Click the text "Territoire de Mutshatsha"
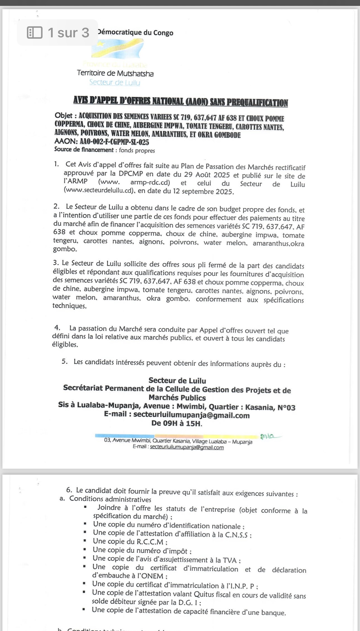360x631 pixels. [x=115, y=74]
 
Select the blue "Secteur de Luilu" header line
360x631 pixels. [x=115, y=82]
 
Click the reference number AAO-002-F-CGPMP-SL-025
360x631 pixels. [x=114, y=142]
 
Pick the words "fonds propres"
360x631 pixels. [x=137, y=151]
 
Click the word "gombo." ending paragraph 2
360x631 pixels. [x=65, y=249]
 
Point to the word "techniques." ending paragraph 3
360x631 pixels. [x=70, y=306]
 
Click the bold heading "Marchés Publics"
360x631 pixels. [x=177, y=398]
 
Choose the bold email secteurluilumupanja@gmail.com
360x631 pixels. [x=191, y=415]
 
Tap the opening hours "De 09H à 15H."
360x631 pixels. [x=177, y=423]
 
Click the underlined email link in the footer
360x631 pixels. [x=187, y=448]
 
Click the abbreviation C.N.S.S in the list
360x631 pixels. [x=237, y=535]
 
